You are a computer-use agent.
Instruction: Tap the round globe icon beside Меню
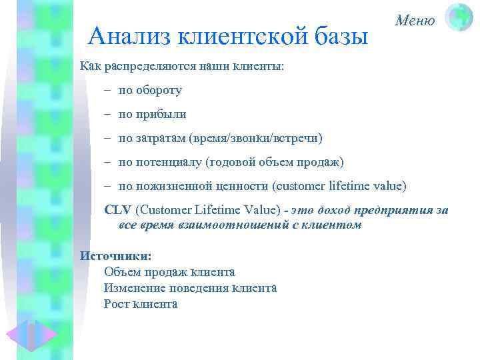pos(459,17)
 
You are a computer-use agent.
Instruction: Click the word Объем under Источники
pos(122,272)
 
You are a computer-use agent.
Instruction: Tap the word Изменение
pos(134,288)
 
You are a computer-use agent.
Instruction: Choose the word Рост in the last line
pos(117,304)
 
